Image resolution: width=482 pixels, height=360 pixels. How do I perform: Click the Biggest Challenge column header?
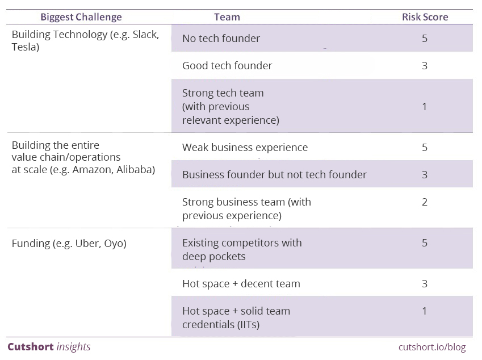click(x=81, y=17)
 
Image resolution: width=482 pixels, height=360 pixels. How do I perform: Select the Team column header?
click(x=227, y=17)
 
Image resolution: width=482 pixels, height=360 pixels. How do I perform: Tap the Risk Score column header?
click(x=425, y=17)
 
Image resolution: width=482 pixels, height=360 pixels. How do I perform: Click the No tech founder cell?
click(x=221, y=39)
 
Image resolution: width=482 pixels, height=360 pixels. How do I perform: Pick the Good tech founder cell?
click(x=227, y=65)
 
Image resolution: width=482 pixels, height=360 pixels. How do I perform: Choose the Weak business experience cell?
click(x=245, y=147)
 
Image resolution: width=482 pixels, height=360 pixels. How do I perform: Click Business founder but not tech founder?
click(x=275, y=175)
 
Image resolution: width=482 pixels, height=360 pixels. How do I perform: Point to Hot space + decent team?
click(x=241, y=283)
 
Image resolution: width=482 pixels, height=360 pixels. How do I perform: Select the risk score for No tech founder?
click(x=425, y=39)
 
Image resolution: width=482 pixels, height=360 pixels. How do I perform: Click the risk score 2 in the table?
click(x=425, y=202)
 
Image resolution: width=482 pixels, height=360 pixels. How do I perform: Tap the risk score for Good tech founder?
click(x=425, y=65)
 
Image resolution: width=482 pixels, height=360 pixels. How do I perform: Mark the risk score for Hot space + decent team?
click(x=425, y=283)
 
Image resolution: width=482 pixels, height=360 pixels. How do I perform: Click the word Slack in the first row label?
click(x=146, y=35)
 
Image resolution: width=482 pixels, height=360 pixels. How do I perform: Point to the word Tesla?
click(x=25, y=47)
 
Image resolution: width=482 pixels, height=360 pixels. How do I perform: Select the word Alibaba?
click(x=136, y=170)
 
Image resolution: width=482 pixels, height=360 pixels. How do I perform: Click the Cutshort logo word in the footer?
click(x=31, y=347)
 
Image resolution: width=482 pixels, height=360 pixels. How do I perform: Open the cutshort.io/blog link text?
click(x=432, y=347)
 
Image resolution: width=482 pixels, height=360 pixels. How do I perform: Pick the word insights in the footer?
click(x=73, y=347)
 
